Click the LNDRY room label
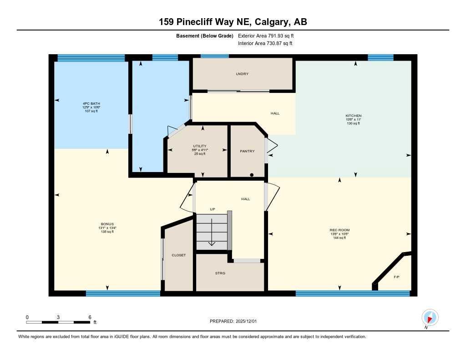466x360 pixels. pyautogui.click(x=242, y=74)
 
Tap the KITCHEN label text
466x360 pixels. pyautogui.click(x=353, y=116)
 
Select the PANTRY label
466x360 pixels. pyautogui.click(x=247, y=151)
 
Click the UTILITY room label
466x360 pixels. pyautogui.click(x=200, y=146)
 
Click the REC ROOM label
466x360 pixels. pyautogui.click(x=339, y=230)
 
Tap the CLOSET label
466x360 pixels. pyautogui.click(x=178, y=255)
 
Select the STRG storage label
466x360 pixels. pyautogui.click(x=220, y=273)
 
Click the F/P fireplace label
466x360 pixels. pyautogui.click(x=396, y=277)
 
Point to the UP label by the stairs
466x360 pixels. pyautogui.click(x=212, y=209)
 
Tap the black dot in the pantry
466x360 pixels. pyautogui.click(x=252, y=175)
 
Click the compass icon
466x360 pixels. pyautogui.click(x=430, y=317)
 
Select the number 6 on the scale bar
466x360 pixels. pyautogui.click(x=90, y=317)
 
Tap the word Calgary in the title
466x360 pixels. pyautogui.click(x=270, y=22)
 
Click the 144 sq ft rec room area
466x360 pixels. pyautogui.click(x=339, y=238)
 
